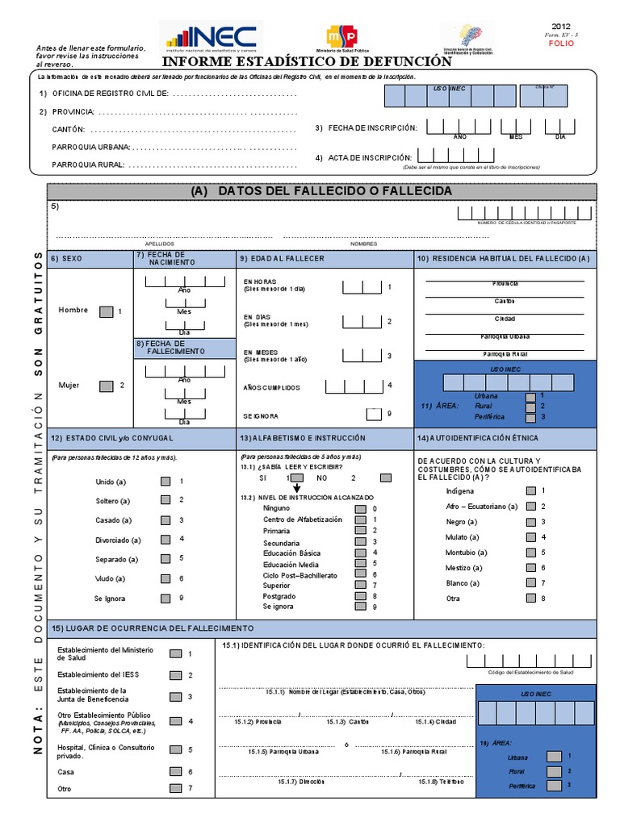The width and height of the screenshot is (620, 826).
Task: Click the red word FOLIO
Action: pyautogui.click(x=560, y=45)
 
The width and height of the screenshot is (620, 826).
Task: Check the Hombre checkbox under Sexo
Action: pyautogui.click(x=106, y=311)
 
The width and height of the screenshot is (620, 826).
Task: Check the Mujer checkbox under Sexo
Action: pyautogui.click(x=106, y=386)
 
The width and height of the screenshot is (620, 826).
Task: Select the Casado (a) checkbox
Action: pyautogui.click(x=165, y=520)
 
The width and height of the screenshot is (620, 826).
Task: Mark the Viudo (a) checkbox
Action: pyautogui.click(x=165, y=578)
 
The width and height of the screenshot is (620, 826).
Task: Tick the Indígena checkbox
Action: pyautogui.click(x=530, y=490)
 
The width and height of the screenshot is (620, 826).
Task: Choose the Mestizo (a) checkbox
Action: pyautogui.click(x=530, y=568)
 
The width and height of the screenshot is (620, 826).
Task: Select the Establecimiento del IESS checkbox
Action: pyautogui.click(x=175, y=674)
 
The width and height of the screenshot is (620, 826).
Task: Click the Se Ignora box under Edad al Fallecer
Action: pyautogui.click(x=375, y=415)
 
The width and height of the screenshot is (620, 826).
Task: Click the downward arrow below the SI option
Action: pyautogui.click(x=295, y=489)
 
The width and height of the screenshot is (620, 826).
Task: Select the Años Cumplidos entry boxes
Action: pyautogui.click(x=361, y=386)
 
